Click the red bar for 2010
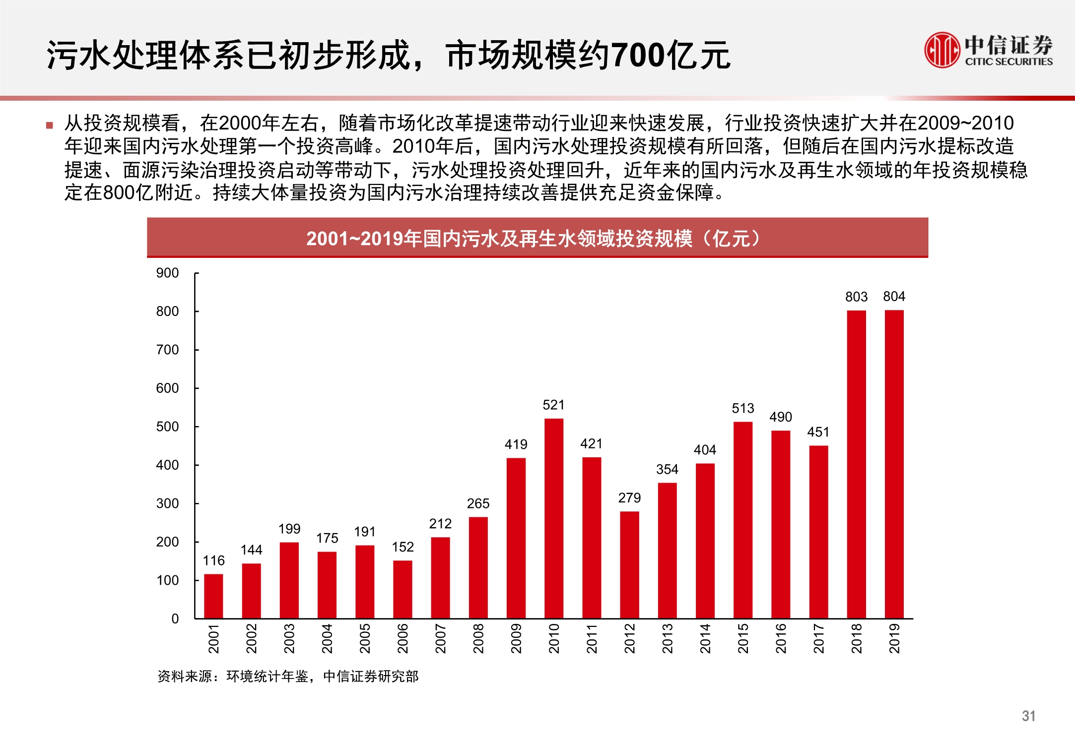tap(553, 518)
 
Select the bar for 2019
tap(894, 464)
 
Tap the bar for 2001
tap(213, 596)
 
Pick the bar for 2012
tap(629, 564)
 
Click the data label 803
tap(856, 297)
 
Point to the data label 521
tap(553, 405)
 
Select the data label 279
tap(629, 497)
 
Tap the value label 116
tap(213, 560)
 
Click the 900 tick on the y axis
tap(167, 273)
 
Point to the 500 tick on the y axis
tap(167, 427)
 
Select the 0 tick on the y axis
tap(175, 619)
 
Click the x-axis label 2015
tap(743, 638)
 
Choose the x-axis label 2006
tap(403, 638)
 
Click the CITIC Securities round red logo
tap(941, 50)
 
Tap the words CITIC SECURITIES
tap(1008, 62)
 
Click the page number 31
tap(1028, 716)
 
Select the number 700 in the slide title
tap(639, 55)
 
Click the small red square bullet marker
tap(49, 125)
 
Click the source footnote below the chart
tap(288, 676)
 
